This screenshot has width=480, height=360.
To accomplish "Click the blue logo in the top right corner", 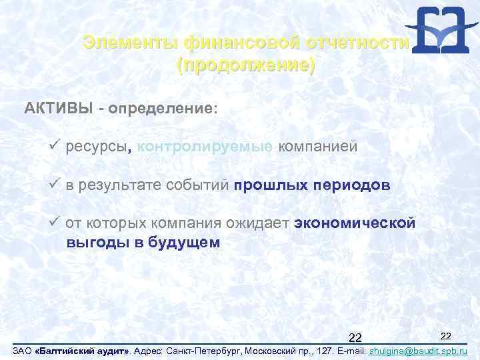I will click(437, 29).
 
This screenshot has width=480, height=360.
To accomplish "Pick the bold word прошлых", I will click(269, 186).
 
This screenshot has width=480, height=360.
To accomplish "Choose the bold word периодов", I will click(351, 186).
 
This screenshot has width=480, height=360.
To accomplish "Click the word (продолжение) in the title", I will click(245, 66).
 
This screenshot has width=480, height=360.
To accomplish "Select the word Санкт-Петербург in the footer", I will click(205, 351).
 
